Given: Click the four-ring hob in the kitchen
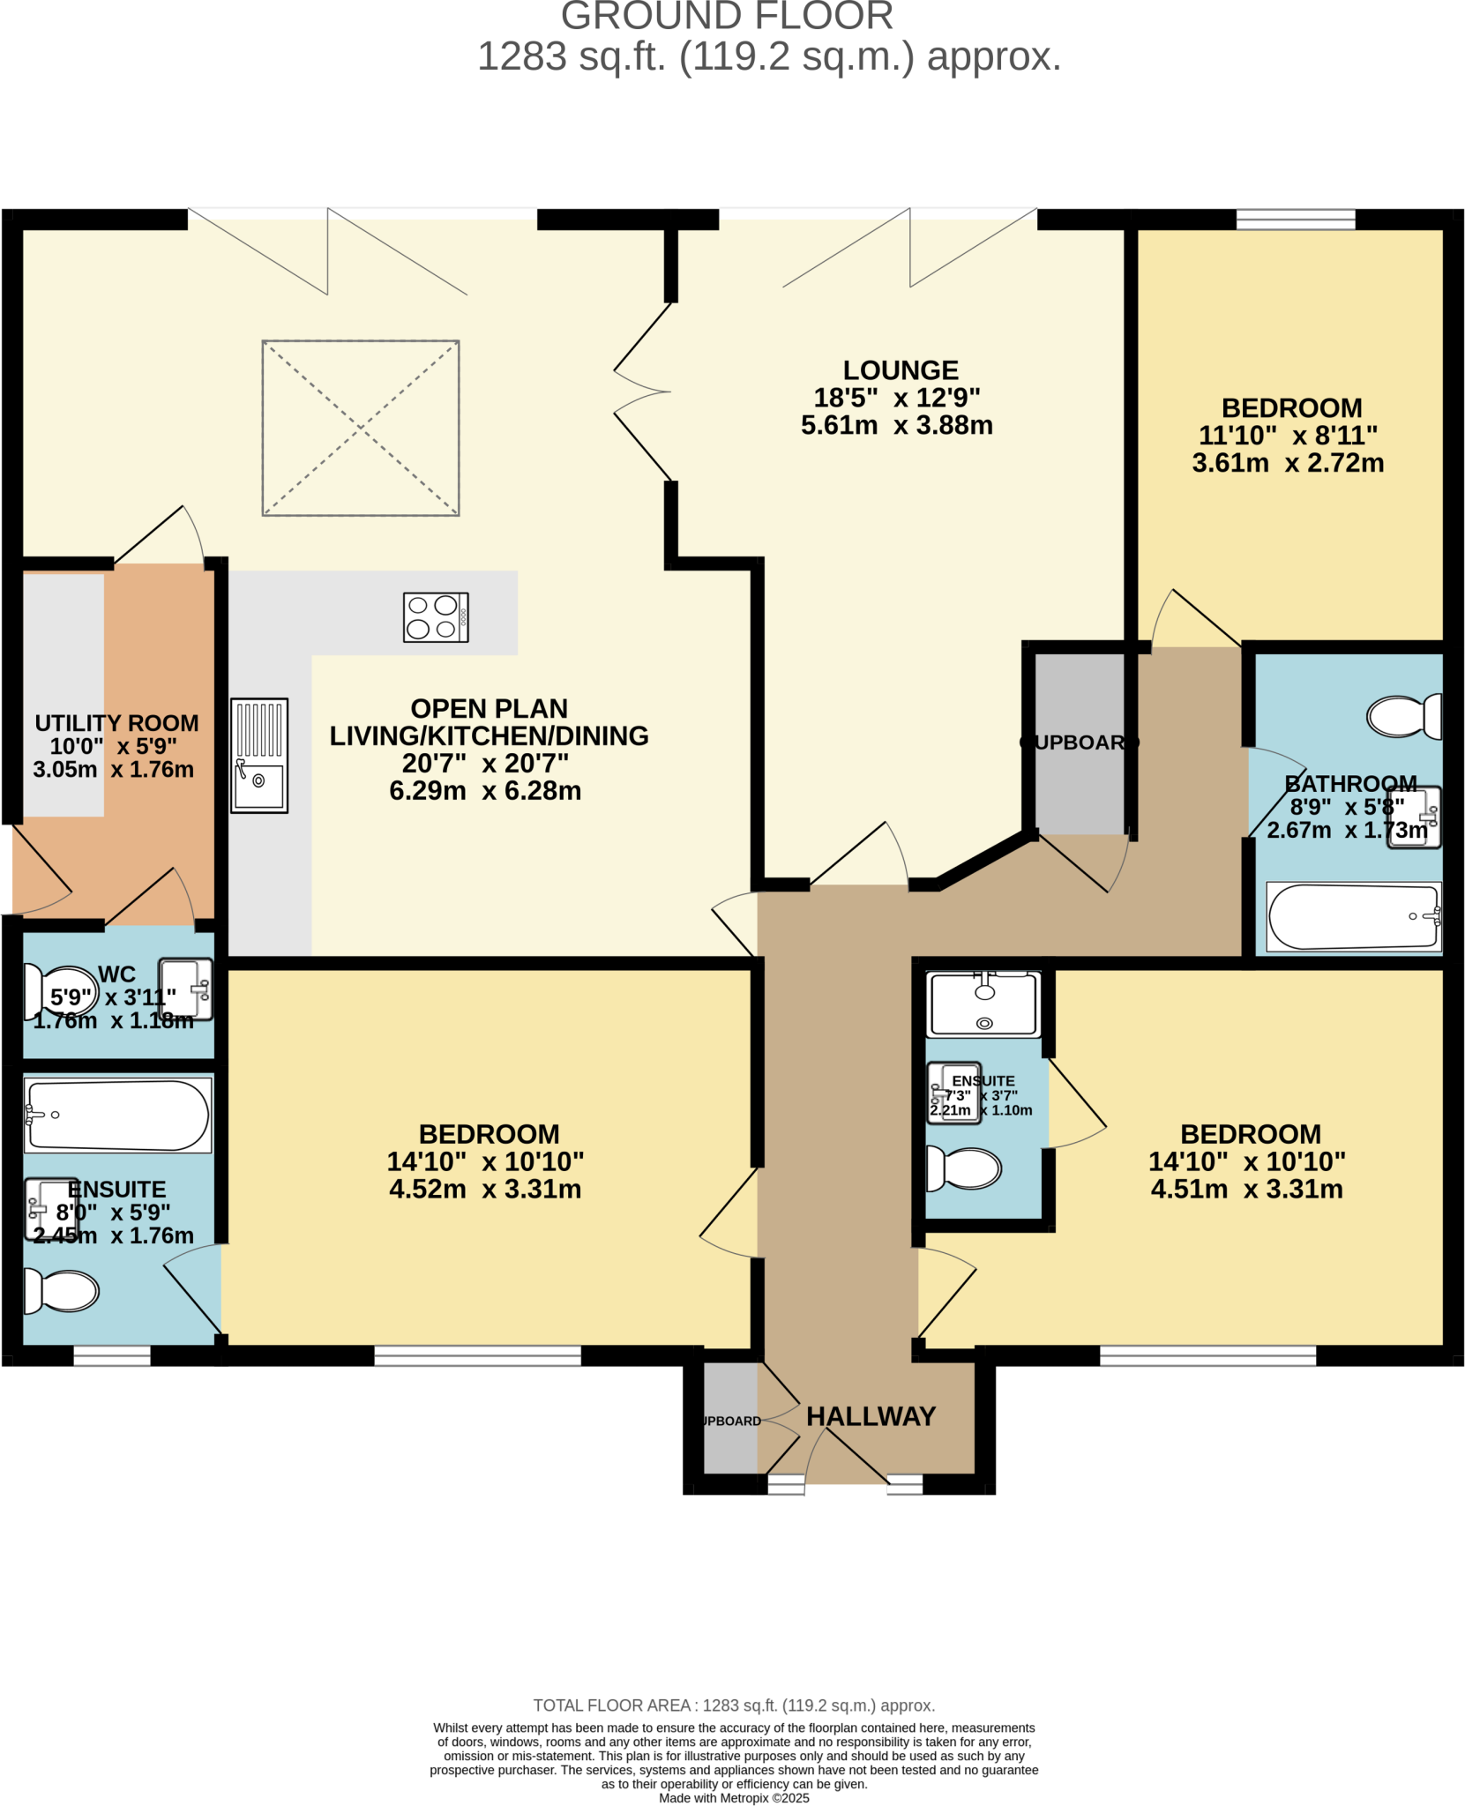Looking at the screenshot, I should pyautogui.click(x=436, y=616).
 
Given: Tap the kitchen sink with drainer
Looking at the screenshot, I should pyautogui.click(x=259, y=755).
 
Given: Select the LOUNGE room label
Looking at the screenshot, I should pyautogui.click(x=900, y=369).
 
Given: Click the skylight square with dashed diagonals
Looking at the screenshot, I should pyautogui.click(x=361, y=428).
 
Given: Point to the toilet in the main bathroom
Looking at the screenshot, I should pyautogui.click(x=1403, y=716).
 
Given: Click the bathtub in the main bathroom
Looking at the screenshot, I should pyautogui.click(x=1353, y=916).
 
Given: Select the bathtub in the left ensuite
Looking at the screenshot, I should pyautogui.click(x=117, y=1116).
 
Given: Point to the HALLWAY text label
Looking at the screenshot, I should pyautogui.click(x=871, y=1415).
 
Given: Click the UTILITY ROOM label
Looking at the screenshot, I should pyautogui.click(x=116, y=723).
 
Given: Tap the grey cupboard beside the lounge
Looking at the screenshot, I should pyautogui.click(x=1080, y=743).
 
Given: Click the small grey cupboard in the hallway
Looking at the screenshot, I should pyautogui.click(x=730, y=1417).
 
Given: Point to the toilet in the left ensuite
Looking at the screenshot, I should pyautogui.click(x=61, y=1291).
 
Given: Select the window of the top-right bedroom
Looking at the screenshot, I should pyautogui.click(x=1295, y=220).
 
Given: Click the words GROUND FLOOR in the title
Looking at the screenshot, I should pyautogui.click(x=727, y=16).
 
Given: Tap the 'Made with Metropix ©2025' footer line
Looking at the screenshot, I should pyautogui.click(x=734, y=1797).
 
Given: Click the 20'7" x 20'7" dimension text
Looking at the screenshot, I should pyautogui.click(x=485, y=763).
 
